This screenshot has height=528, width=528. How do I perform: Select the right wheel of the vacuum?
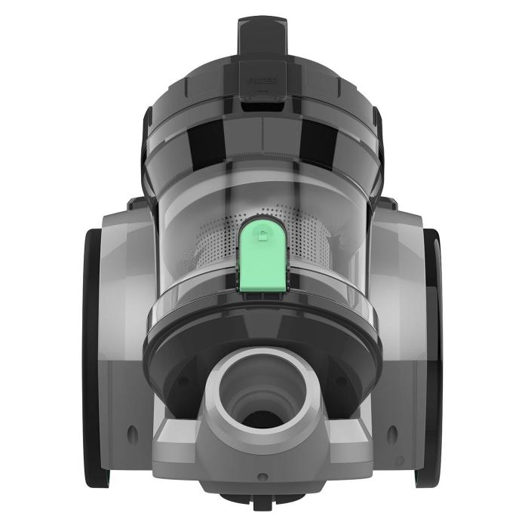[x=434, y=355]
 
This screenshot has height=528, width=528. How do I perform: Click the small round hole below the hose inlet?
[x=262, y=477]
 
